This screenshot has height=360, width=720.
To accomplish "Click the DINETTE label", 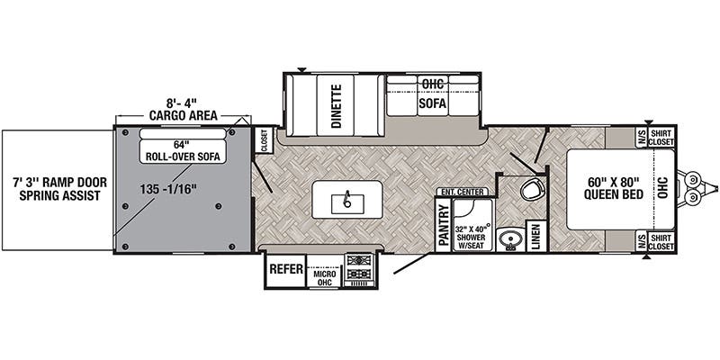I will [x=336, y=107].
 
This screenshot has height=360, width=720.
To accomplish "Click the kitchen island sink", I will [x=346, y=200].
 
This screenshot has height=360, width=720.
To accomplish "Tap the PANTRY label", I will [x=443, y=221].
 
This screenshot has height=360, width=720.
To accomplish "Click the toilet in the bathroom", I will [x=533, y=191].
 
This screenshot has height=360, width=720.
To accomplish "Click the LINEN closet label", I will [x=535, y=237].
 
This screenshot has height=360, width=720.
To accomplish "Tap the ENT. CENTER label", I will [x=463, y=192].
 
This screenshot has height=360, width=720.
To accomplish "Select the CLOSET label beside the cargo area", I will [x=264, y=142].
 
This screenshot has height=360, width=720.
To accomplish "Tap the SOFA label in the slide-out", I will [x=432, y=102].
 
